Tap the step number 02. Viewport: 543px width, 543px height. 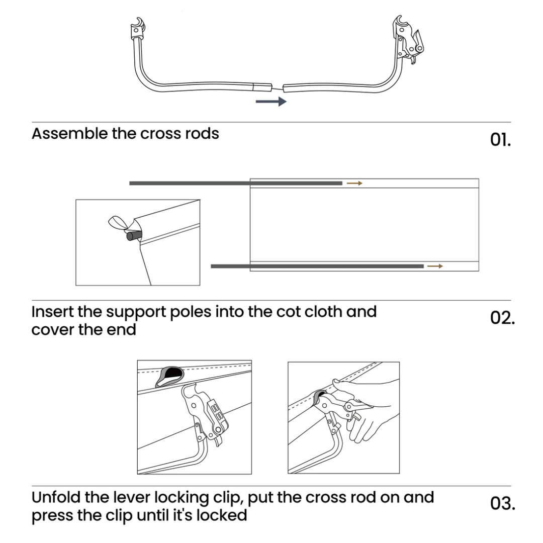coord(502,318)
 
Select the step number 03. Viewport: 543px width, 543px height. coord(502,503)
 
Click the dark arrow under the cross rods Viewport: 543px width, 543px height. coord(271,102)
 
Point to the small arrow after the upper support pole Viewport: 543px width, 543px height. coord(354,184)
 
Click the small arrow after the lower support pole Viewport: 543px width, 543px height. coord(435,266)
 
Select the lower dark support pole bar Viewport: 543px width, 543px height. coord(317,266)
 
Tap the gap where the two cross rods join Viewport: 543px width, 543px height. coord(278,87)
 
